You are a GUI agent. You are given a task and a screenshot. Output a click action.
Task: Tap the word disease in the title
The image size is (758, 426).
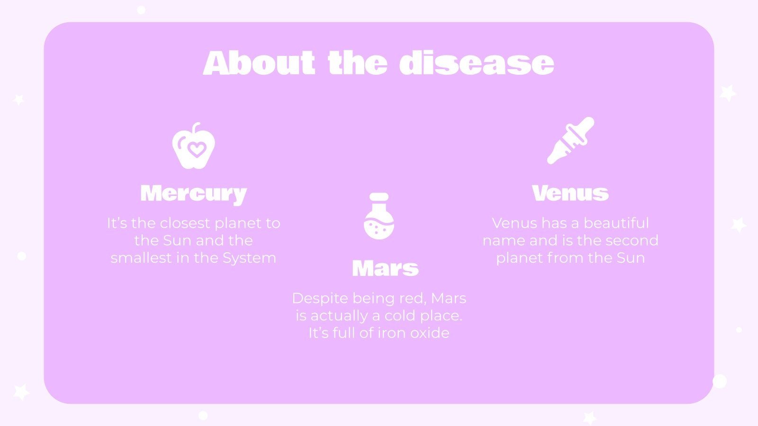pyautogui.click(x=477, y=63)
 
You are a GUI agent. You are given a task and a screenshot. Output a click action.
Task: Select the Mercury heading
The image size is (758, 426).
pyautogui.click(x=193, y=194)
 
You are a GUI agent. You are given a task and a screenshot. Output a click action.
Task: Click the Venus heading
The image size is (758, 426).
pyautogui.click(x=570, y=193)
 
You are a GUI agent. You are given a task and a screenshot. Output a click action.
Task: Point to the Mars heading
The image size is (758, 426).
pyautogui.click(x=385, y=268)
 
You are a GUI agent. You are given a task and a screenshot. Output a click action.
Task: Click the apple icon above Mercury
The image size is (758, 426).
pyautogui.click(x=193, y=146)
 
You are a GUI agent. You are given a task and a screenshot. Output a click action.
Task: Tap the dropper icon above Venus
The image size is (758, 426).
pyautogui.click(x=570, y=141)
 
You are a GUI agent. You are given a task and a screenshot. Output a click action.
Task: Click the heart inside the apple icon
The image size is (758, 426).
pyautogui.click(x=196, y=150)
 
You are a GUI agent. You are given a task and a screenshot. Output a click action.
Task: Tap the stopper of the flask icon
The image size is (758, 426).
pyautogui.click(x=379, y=197)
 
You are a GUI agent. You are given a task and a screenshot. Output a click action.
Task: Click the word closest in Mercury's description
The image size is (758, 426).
pyautogui.click(x=184, y=223)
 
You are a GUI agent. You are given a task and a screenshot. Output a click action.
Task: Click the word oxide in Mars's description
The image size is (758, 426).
pyautogui.click(x=430, y=333)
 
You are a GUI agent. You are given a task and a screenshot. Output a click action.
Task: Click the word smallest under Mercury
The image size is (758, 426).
pyautogui.click(x=134, y=258)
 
